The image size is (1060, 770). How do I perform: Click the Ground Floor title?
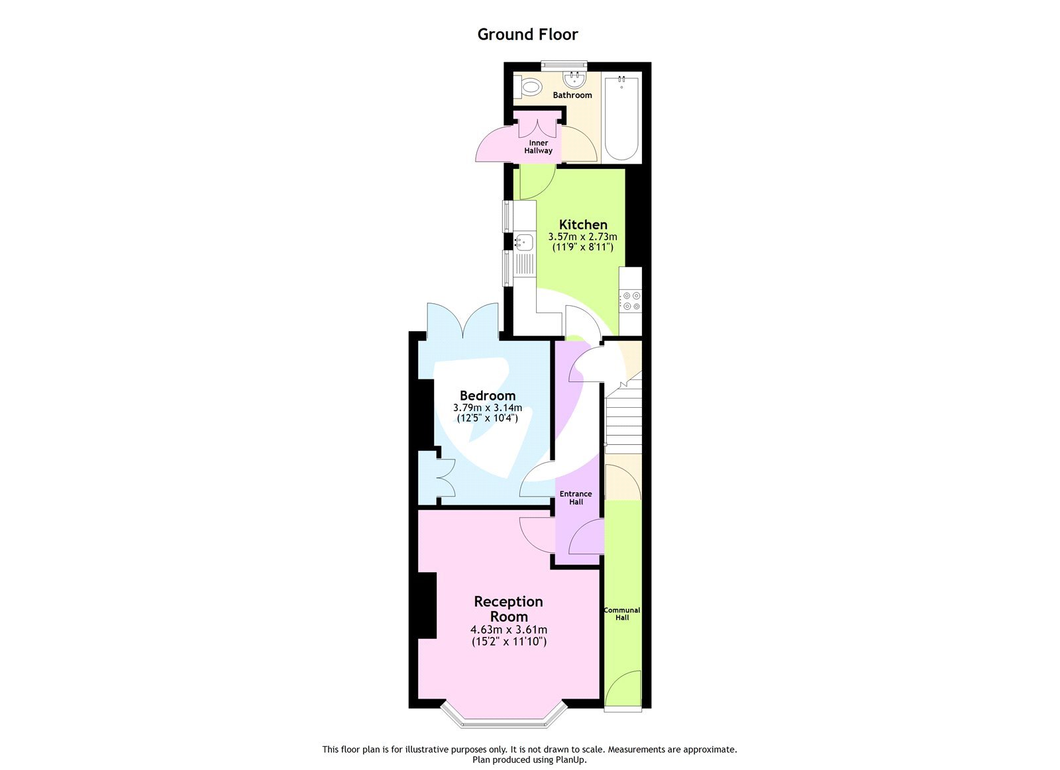click(x=527, y=34)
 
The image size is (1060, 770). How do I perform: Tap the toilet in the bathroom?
click(x=530, y=86)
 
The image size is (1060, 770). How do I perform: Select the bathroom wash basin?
click(x=574, y=80)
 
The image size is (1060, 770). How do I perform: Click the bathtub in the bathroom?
click(x=621, y=118)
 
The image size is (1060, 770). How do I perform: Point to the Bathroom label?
click(x=572, y=95)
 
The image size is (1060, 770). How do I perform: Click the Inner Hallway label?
click(x=538, y=147)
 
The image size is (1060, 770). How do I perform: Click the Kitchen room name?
click(x=583, y=224)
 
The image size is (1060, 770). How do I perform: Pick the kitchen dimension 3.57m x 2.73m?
click(x=583, y=236)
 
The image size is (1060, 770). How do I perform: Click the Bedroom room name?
click(x=488, y=396)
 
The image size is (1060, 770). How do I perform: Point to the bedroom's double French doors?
click(x=462, y=321)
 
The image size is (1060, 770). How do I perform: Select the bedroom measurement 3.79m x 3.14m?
click(x=488, y=408)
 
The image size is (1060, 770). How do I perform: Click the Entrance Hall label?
click(x=576, y=498)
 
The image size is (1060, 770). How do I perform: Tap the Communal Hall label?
click(x=622, y=614)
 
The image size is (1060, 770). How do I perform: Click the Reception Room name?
click(x=508, y=608)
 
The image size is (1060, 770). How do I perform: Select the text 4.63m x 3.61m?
click(x=508, y=630)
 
